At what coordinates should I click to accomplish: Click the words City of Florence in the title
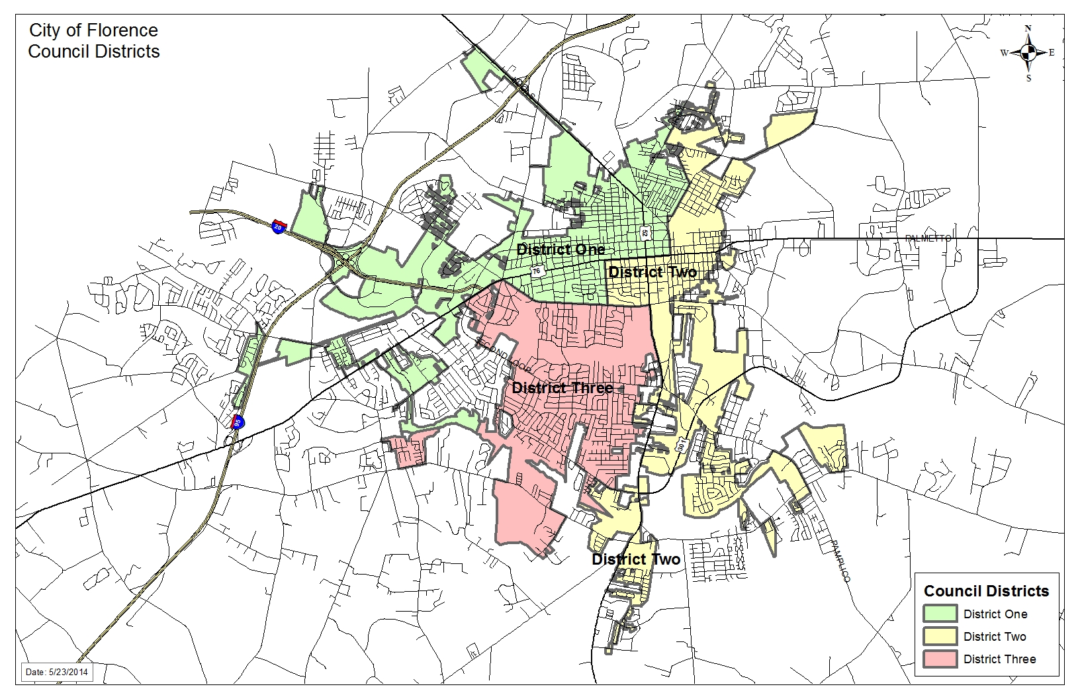click(x=93, y=30)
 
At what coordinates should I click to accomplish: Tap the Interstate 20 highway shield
click(x=279, y=225)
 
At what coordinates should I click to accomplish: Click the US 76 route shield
click(x=536, y=271)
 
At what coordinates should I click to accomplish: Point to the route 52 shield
click(x=645, y=232)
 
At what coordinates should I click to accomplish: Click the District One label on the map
click(x=561, y=250)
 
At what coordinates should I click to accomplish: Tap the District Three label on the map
click(x=562, y=388)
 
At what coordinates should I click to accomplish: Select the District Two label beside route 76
click(x=652, y=272)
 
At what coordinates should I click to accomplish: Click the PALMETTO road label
click(x=928, y=238)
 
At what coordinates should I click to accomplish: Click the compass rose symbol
click(x=1028, y=53)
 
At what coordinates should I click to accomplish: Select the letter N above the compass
click(x=1028, y=28)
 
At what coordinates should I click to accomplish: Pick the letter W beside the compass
click(x=1004, y=53)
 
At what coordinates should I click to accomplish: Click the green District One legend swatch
click(x=940, y=614)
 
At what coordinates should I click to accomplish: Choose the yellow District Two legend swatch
click(x=940, y=636)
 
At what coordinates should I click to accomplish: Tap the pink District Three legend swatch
click(x=940, y=659)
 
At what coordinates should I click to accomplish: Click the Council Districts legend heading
click(x=986, y=591)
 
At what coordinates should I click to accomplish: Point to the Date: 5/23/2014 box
click(x=57, y=672)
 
